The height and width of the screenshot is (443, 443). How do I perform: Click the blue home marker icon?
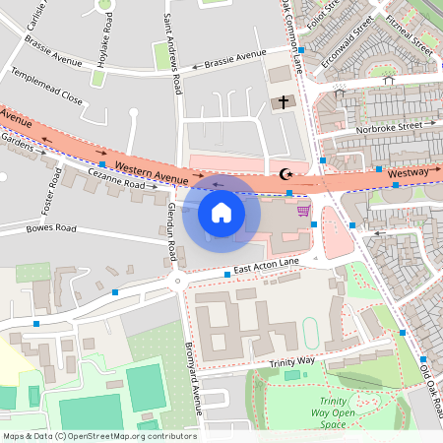tap(221, 212)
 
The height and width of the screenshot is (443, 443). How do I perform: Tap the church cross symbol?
tap(285, 101)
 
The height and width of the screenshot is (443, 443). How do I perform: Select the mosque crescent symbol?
tap(287, 174)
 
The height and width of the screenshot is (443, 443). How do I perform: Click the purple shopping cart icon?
tap(303, 210)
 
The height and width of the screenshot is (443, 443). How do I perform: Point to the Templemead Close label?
tap(46, 87)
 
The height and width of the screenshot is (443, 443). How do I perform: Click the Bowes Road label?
tap(52, 228)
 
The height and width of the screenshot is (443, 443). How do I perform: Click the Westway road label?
tap(408, 173)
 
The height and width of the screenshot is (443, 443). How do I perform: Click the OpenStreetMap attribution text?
tap(99, 436)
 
